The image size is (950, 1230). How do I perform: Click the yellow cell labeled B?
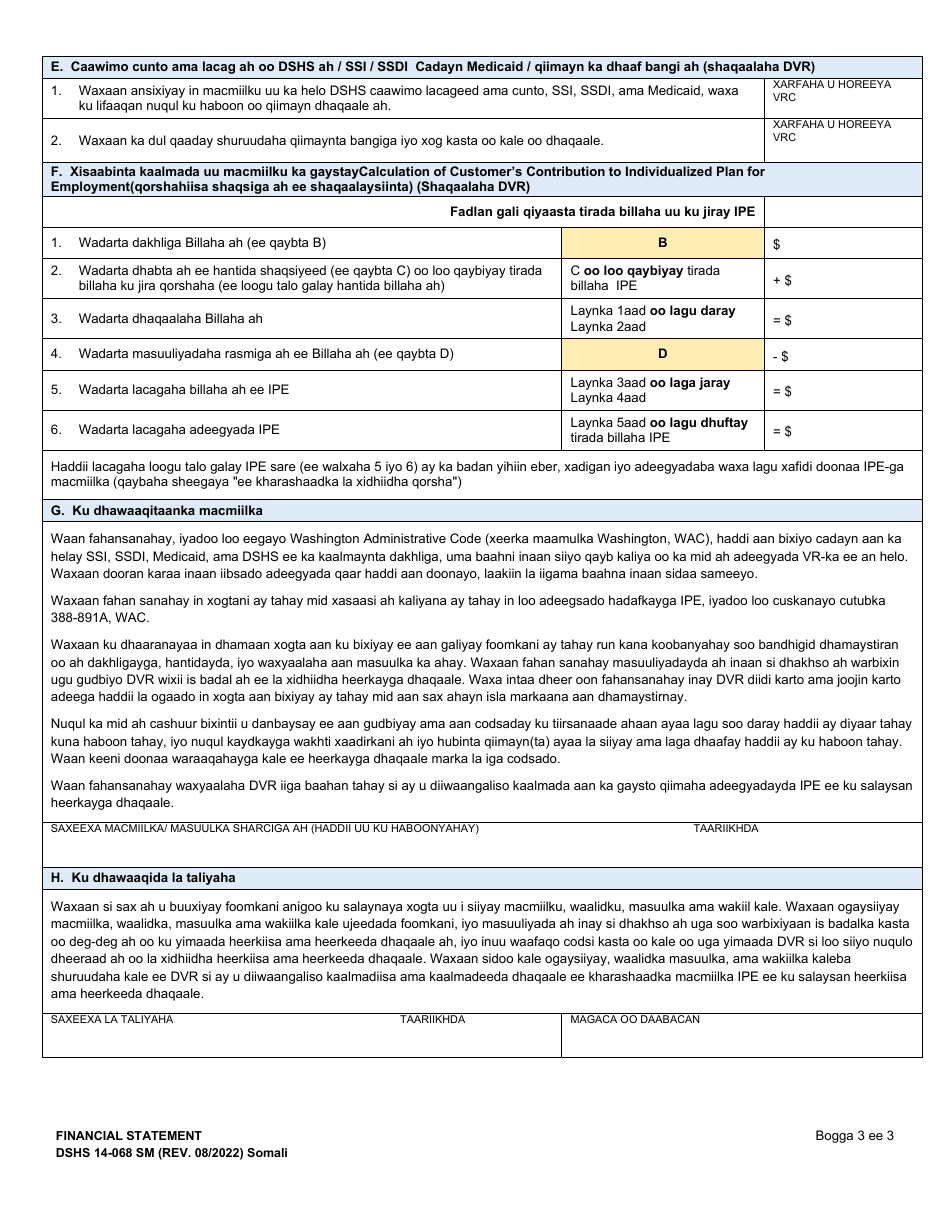pyautogui.click(x=662, y=243)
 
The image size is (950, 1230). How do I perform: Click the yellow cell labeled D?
pyautogui.click(x=662, y=354)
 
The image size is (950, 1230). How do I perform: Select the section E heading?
pyautogui.click(x=425, y=67)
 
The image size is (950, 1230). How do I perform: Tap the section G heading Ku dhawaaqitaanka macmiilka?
pyautogui.click(x=157, y=511)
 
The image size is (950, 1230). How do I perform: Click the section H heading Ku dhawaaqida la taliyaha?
pyautogui.click(x=143, y=878)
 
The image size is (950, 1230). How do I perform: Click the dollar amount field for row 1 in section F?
pyautogui.click(x=842, y=243)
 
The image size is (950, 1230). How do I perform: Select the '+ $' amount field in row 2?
pyautogui.click(x=842, y=279)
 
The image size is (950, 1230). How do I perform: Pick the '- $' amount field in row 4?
pyautogui.click(x=842, y=355)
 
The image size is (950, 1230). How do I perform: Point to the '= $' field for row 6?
pyautogui.click(x=842, y=431)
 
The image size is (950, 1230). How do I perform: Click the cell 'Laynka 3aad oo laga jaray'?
pyautogui.click(x=650, y=383)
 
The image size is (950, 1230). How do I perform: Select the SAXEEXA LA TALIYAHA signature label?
pyautogui.click(x=112, y=1019)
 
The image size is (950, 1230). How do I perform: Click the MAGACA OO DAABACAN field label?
pyautogui.click(x=634, y=1019)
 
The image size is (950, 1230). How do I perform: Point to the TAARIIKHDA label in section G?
pyautogui.click(x=726, y=829)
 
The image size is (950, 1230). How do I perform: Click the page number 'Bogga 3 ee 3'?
pyautogui.click(x=854, y=1135)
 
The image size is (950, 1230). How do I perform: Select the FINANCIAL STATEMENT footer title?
pyautogui.click(x=128, y=1136)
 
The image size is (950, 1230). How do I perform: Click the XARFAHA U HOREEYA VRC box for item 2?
pyautogui.click(x=842, y=140)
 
